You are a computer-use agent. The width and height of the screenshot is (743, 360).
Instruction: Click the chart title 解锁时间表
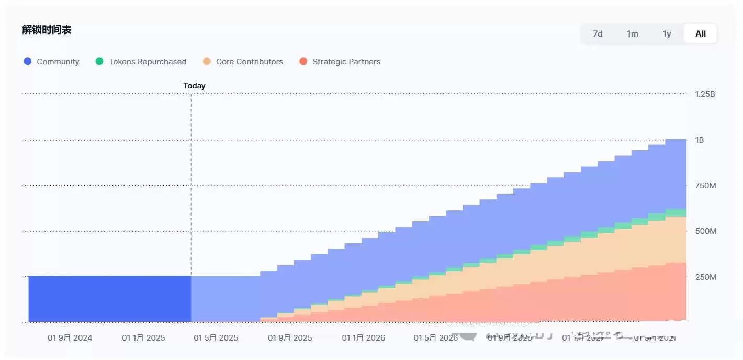pyautogui.click(x=47, y=30)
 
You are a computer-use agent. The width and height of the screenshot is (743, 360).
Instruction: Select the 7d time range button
pyautogui.click(x=598, y=33)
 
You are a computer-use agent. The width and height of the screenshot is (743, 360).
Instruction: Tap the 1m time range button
pyautogui.click(x=632, y=33)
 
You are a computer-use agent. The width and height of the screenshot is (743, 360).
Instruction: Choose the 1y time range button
pyautogui.click(x=667, y=33)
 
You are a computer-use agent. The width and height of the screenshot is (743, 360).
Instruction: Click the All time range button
pyautogui.click(x=701, y=33)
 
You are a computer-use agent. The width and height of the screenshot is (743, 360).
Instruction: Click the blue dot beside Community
pyautogui.click(x=28, y=61)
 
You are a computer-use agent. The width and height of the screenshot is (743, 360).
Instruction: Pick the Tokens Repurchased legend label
pyautogui.click(x=148, y=62)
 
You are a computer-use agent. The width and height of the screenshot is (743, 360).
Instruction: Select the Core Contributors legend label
pyautogui.click(x=249, y=62)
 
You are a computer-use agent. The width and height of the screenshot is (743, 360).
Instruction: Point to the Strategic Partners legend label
pyautogui.click(x=346, y=62)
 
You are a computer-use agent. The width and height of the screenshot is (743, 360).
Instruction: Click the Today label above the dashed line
pyautogui.click(x=194, y=86)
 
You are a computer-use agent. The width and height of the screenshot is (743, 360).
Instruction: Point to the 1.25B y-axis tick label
pyautogui.click(x=705, y=94)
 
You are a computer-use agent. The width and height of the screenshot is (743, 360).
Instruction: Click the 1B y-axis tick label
pyautogui.click(x=700, y=140)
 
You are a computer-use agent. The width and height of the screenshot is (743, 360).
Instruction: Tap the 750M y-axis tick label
pyautogui.click(x=705, y=186)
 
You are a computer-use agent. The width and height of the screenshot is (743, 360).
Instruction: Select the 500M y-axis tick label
pyautogui.click(x=705, y=231)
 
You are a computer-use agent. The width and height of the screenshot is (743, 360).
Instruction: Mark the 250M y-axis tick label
pyautogui.click(x=705, y=277)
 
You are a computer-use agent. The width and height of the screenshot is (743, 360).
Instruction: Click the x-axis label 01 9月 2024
pyautogui.click(x=70, y=338)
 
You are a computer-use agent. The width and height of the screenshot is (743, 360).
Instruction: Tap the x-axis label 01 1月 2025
pyautogui.click(x=143, y=338)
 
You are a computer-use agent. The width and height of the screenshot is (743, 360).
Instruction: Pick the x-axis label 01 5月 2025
pyautogui.click(x=216, y=338)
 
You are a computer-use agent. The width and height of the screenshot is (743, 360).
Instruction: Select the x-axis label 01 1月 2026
pyautogui.click(x=363, y=338)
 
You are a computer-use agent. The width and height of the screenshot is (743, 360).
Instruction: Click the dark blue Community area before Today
pyautogui.click(x=110, y=299)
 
